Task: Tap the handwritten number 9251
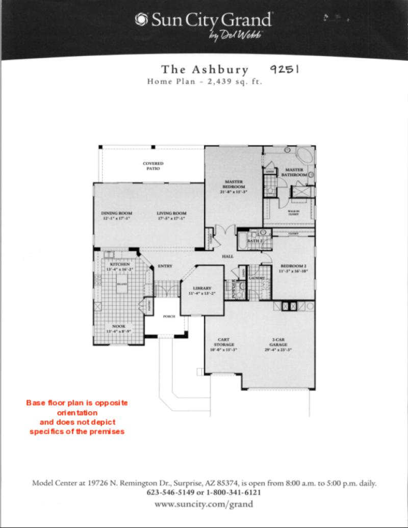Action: coord(284,69)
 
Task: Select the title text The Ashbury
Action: coord(205,70)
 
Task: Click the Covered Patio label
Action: coord(153,166)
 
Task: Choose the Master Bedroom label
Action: coord(234,184)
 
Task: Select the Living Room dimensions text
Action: coord(171,219)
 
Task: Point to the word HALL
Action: coord(227,256)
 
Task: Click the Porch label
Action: coord(169,316)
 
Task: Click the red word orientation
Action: coord(76,412)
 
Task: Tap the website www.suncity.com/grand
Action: coord(204,504)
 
